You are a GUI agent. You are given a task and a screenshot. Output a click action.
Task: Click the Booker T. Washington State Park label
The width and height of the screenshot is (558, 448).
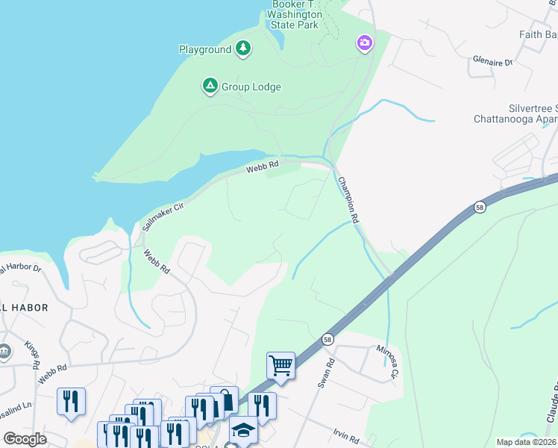(295, 14)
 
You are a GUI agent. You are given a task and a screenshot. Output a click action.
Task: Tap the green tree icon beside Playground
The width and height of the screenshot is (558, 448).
(243, 49)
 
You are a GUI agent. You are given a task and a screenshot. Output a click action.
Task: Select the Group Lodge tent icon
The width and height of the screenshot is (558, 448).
(210, 87)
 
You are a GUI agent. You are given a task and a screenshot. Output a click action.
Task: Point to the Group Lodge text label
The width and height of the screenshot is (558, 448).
(251, 87)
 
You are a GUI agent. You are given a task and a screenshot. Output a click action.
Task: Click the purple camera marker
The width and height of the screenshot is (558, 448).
(364, 43)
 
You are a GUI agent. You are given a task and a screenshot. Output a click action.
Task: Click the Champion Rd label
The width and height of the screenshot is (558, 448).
(348, 200)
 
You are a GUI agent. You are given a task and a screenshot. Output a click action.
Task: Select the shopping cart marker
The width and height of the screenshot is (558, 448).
(280, 365)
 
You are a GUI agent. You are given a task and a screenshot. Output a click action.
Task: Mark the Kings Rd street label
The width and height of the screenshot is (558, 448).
(31, 355)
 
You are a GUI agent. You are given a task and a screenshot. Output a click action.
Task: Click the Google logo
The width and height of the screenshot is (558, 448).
(25, 439)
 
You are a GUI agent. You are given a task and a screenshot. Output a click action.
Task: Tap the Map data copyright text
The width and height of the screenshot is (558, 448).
(526, 442)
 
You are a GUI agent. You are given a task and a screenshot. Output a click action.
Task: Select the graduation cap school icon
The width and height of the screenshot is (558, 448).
(243, 429)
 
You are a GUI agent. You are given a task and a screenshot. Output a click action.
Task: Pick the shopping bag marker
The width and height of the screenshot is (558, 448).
(224, 399)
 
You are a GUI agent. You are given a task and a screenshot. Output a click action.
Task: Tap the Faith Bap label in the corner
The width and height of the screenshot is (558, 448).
(538, 34)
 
